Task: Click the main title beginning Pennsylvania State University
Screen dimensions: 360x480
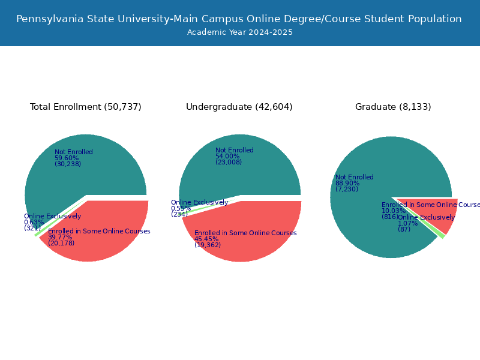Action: (x=239, y=19)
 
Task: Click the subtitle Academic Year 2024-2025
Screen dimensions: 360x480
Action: (x=240, y=32)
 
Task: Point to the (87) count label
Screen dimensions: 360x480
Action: (x=404, y=229)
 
